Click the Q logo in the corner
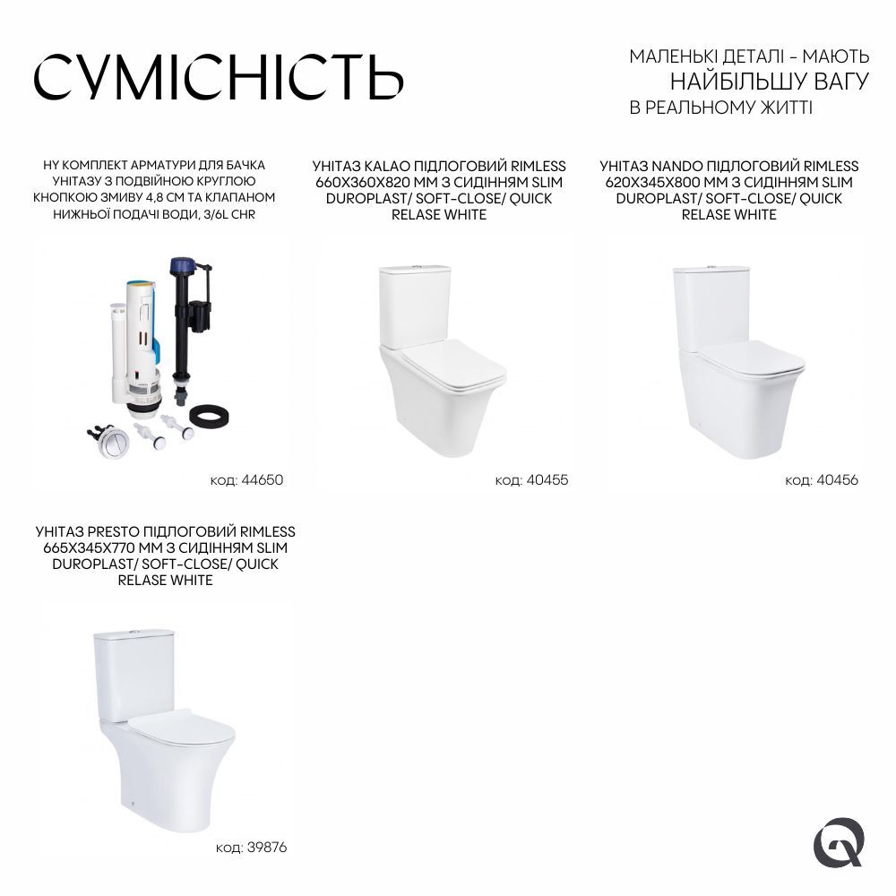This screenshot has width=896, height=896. [x=838, y=844]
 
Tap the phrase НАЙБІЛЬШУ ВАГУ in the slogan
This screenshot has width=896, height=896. [x=770, y=82]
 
